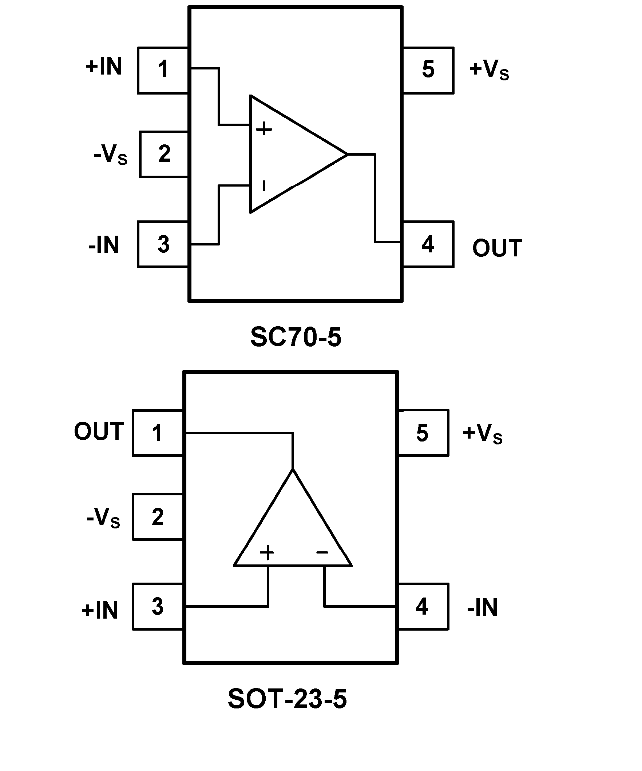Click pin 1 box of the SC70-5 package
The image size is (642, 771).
click(x=163, y=70)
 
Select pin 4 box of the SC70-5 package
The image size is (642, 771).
click(x=428, y=244)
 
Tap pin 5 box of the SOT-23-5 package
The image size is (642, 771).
click(x=423, y=432)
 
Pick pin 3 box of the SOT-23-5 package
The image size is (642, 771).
click(x=158, y=607)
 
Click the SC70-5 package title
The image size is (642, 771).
click(x=296, y=337)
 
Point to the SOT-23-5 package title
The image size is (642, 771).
click(x=287, y=699)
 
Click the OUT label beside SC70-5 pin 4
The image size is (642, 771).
click(x=497, y=248)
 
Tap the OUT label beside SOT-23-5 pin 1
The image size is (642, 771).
click(x=99, y=431)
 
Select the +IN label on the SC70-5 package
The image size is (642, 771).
click(x=104, y=67)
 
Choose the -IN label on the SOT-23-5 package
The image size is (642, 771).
click(x=482, y=607)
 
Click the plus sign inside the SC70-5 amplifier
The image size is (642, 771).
click(x=264, y=129)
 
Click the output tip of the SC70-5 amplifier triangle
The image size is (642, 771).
click(x=346, y=154)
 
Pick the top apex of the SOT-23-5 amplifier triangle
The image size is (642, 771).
click(x=293, y=470)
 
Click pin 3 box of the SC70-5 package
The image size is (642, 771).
click(x=163, y=244)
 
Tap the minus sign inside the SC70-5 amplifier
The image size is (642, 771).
click(x=264, y=186)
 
